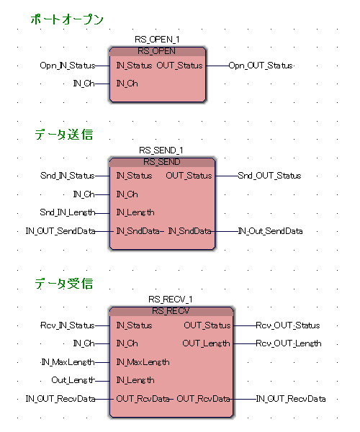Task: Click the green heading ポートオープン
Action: (x=67, y=19)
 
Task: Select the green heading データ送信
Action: (x=64, y=135)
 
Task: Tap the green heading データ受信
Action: (x=64, y=284)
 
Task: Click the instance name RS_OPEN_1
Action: (x=157, y=40)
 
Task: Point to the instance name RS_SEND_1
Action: (x=161, y=150)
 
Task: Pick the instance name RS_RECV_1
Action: (x=171, y=300)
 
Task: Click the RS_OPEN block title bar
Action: (x=157, y=52)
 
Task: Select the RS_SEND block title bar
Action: (x=162, y=162)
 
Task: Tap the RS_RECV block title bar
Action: (x=171, y=311)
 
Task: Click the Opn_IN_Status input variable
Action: (x=68, y=66)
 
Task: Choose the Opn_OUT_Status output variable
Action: (x=261, y=66)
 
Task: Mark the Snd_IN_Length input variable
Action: (x=68, y=212)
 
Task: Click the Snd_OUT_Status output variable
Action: (x=269, y=176)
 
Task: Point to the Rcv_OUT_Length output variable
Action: (x=289, y=343)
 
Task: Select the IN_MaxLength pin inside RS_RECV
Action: (x=143, y=362)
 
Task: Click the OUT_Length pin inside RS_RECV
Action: (x=206, y=343)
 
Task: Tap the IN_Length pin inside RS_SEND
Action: (x=135, y=212)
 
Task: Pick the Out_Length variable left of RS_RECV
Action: (x=73, y=380)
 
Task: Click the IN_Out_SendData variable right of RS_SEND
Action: (x=270, y=231)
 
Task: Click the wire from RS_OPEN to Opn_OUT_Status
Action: (x=217, y=66)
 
